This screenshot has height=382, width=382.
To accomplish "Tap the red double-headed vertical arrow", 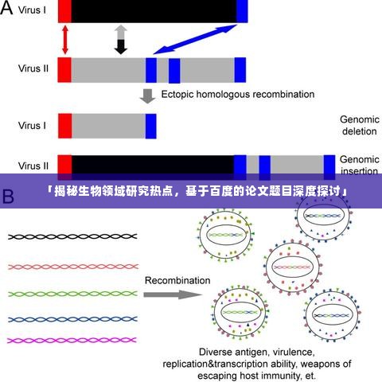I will (x=64, y=40).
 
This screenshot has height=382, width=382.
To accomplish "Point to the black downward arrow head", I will (x=120, y=48).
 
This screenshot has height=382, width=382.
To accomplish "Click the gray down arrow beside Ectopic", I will (x=147, y=95).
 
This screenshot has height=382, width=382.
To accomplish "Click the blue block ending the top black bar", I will (x=242, y=10).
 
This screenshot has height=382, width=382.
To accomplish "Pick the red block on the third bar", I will (x=64, y=125).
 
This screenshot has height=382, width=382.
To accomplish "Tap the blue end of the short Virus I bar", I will (x=150, y=125).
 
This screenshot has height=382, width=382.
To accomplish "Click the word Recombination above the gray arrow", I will (x=177, y=280).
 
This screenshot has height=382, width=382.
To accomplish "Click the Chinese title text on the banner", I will (x=191, y=192).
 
